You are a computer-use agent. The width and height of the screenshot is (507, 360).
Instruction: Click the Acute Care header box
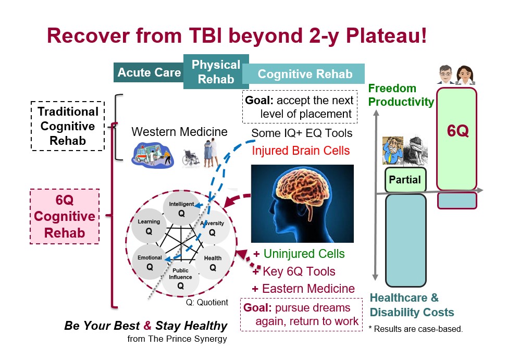point(149,72)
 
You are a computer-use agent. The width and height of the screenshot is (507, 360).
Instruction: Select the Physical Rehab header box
point(216,72)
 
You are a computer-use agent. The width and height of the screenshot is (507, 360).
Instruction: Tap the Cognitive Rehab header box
point(305,74)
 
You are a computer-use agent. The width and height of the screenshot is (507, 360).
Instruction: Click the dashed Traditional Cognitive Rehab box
point(68,126)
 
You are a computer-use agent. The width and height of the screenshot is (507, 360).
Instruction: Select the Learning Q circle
point(149,227)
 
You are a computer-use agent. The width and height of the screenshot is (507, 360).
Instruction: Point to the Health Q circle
point(213,263)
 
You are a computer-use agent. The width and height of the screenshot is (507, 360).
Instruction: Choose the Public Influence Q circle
point(181,279)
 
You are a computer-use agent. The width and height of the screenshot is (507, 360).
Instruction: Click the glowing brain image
point(302,203)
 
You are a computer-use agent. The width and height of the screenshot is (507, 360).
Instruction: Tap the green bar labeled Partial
point(405,180)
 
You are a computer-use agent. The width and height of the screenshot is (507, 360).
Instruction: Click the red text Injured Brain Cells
point(301,151)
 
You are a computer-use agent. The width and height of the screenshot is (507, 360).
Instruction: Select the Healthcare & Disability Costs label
point(412,305)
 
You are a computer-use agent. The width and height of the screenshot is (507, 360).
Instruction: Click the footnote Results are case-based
point(415,329)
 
